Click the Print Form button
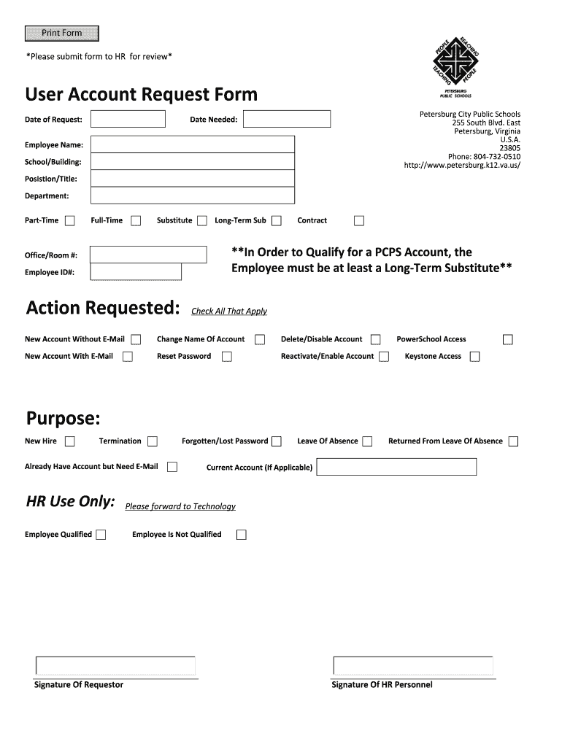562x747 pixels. (x=61, y=34)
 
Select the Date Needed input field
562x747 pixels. (x=286, y=119)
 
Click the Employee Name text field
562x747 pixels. (x=193, y=144)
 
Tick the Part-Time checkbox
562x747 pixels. (x=70, y=221)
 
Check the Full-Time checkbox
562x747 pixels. (x=136, y=221)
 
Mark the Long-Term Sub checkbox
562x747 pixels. (x=277, y=221)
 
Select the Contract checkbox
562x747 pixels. (x=358, y=221)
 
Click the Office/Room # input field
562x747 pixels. (x=148, y=255)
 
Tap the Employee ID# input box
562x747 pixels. (x=136, y=272)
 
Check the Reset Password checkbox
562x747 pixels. (x=227, y=357)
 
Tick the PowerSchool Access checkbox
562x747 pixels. (x=507, y=339)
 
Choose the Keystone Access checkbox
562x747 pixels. (x=474, y=357)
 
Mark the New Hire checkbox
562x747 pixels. (x=70, y=441)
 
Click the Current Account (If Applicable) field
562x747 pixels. (x=396, y=467)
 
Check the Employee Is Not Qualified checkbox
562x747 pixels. (x=241, y=535)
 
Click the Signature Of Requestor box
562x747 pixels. (x=115, y=666)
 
